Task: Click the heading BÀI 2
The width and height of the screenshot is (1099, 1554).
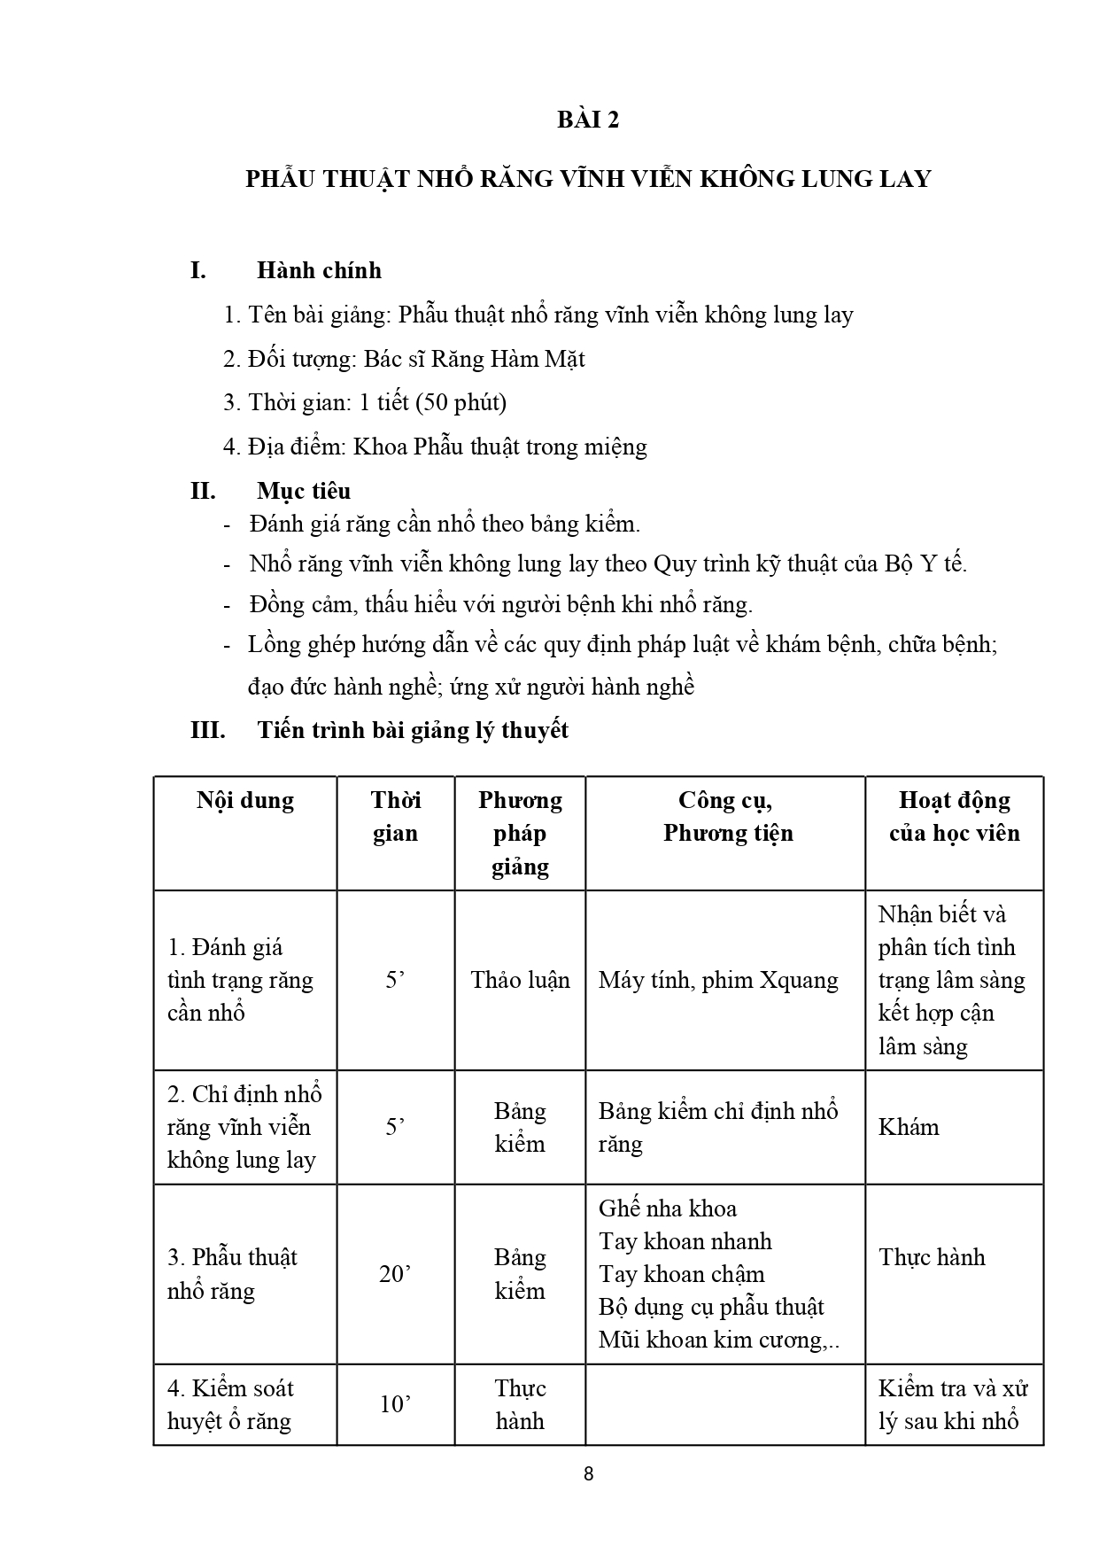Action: [x=588, y=120]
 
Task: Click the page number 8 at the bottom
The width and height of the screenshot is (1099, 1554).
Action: [x=589, y=1474]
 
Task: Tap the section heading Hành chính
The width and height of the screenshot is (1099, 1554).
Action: [x=319, y=270]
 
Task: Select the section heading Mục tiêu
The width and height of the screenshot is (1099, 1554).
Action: [x=304, y=491]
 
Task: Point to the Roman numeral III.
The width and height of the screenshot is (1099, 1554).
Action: [x=208, y=730]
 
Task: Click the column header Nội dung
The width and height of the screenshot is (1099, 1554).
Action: [x=245, y=801]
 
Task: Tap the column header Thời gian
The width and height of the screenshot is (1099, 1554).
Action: [x=395, y=817]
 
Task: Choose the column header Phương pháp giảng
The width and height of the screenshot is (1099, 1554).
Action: [x=520, y=833]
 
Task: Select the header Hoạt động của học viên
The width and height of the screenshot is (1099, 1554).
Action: [x=954, y=817]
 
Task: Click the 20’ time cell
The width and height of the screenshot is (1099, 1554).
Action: [x=395, y=1274]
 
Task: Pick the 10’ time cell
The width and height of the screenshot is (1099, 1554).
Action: [x=395, y=1404]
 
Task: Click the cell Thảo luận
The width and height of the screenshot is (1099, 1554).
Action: [x=520, y=980]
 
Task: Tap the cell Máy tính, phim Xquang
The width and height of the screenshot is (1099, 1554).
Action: [x=718, y=980]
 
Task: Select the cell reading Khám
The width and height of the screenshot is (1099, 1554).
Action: [x=909, y=1127]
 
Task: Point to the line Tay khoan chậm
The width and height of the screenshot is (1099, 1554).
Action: [x=681, y=1274]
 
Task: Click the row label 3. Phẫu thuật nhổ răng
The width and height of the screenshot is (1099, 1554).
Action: [x=232, y=1274]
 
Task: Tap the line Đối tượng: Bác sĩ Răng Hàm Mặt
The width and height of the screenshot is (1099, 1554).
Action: [x=404, y=359]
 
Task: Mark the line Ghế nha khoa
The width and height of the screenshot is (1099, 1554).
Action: [x=667, y=1208]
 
